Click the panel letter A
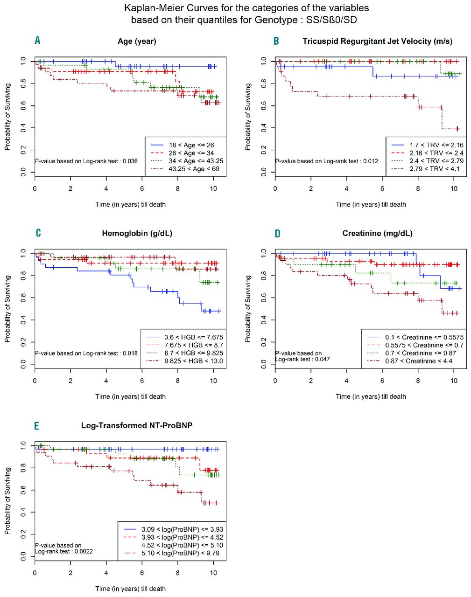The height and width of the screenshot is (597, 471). click(37, 41)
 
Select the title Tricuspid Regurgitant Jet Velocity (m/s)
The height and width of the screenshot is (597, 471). click(377, 41)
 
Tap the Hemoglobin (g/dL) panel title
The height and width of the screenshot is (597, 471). click(137, 233)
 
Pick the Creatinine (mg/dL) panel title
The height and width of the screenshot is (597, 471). click(377, 233)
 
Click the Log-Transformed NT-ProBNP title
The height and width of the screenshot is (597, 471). click(137, 425)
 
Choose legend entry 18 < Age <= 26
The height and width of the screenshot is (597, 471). click(191, 145)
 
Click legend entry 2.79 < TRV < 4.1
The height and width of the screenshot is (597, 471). click(434, 169)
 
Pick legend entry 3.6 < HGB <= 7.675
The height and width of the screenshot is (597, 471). click(193, 337)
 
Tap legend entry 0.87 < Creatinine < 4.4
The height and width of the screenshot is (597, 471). click(418, 361)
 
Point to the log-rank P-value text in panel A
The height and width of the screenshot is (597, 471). click(86, 161)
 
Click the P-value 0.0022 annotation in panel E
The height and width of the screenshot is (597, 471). click(64, 548)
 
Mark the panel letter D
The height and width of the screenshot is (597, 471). click(277, 233)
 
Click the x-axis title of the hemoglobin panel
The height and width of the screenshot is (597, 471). click(130, 396)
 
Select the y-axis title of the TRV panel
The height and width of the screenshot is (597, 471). click(248, 117)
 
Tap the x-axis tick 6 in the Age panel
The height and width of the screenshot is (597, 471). click(142, 188)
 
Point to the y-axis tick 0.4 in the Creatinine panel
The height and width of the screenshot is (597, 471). click(264, 320)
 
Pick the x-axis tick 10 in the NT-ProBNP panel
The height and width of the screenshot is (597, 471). click(213, 573)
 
